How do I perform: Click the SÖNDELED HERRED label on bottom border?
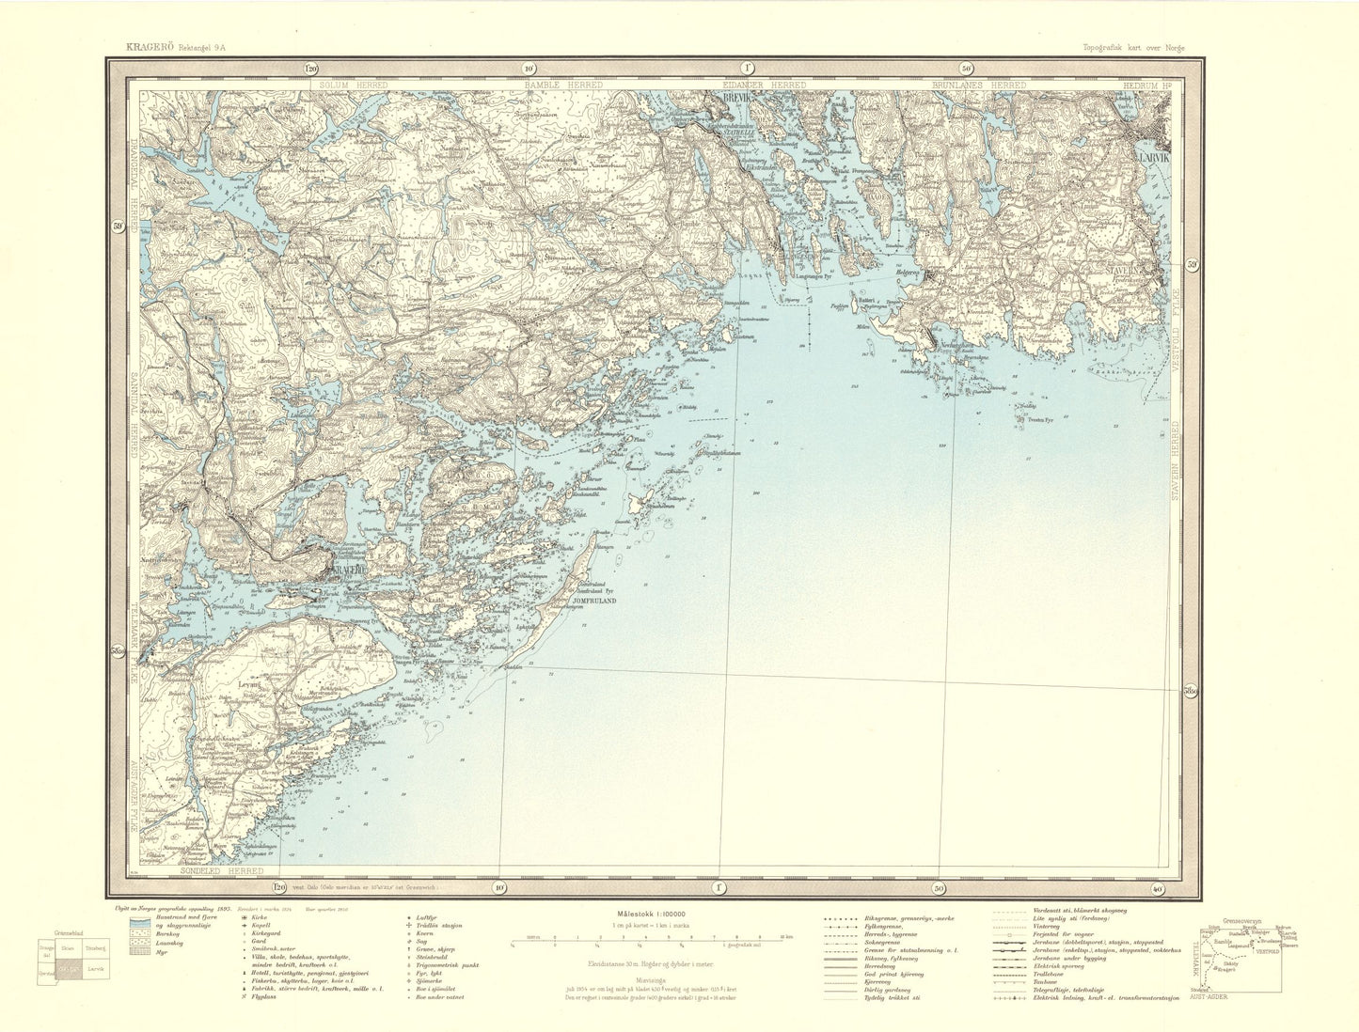tap(218, 874)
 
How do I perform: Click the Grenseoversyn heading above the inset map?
tap(1240, 919)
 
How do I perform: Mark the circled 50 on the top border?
tap(967, 68)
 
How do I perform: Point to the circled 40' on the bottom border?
tap(1156, 887)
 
